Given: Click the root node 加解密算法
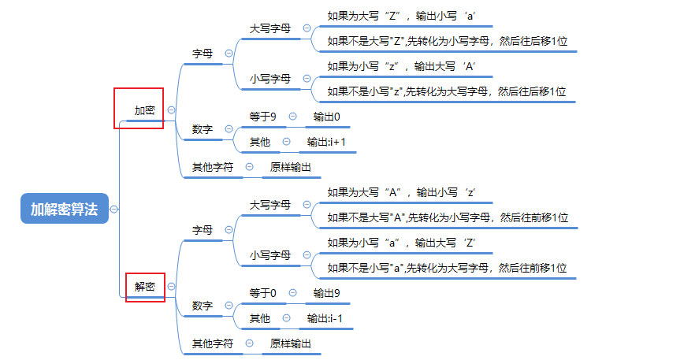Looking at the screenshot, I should (64, 209).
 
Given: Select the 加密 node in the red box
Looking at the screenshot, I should (144, 110).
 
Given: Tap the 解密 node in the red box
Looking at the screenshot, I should (144, 287).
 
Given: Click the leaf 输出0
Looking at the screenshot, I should (326, 117).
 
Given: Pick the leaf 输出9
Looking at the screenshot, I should (326, 293).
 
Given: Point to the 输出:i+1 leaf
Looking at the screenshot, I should (326, 142).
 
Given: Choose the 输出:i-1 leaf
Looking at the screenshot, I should (326, 318).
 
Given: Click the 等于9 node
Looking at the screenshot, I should (262, 117).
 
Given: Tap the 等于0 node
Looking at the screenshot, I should (262, 293).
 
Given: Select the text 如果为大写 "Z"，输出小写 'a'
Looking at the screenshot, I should (400, 16).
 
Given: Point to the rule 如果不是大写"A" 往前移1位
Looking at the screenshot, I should (448, 217).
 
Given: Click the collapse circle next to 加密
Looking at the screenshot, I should (171, 110).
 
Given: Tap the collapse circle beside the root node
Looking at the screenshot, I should (114, 209).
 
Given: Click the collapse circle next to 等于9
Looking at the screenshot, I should (293, 117).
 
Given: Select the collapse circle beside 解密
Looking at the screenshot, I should (171, 287).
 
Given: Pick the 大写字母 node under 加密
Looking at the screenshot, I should (270, 28).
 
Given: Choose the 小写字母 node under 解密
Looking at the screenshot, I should (270, 255).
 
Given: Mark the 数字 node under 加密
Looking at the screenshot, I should (203, 129).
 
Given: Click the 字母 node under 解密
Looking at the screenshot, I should (203, 230).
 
